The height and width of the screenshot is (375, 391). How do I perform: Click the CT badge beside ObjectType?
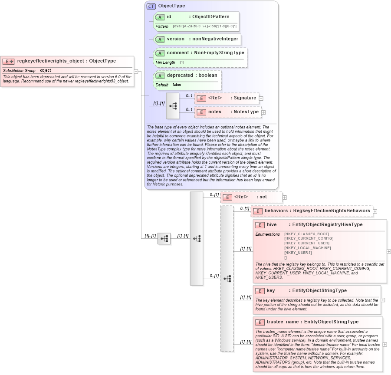pos(151,6)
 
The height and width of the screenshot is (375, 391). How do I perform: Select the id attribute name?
pos(169,17)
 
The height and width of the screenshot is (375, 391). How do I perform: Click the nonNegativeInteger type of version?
pos(215,39)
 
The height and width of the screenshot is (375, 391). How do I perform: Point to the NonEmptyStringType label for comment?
pos(219,53)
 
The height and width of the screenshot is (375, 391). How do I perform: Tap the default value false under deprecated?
pos(177,85)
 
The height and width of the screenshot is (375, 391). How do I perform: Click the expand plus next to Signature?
pos(261,99)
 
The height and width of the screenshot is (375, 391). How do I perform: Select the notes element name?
pos(214,112)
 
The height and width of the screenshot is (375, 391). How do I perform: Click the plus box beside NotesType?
pos(263,112)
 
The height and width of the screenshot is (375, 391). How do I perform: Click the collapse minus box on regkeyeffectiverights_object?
pos(136,72)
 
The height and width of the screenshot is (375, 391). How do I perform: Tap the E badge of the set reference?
pos(227,197)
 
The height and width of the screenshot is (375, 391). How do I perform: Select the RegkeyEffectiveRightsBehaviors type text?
pos(332,211)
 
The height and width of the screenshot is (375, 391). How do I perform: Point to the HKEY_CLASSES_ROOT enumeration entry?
pos(306,234)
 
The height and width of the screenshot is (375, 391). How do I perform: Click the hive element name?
pos(272,225)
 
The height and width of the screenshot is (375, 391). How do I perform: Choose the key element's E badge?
pos(260,291)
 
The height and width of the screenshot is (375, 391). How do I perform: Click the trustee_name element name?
pos(283,322)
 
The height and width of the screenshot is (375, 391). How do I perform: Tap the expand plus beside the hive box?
pos(389,251)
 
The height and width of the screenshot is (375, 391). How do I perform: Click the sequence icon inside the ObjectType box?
pos(173,105)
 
